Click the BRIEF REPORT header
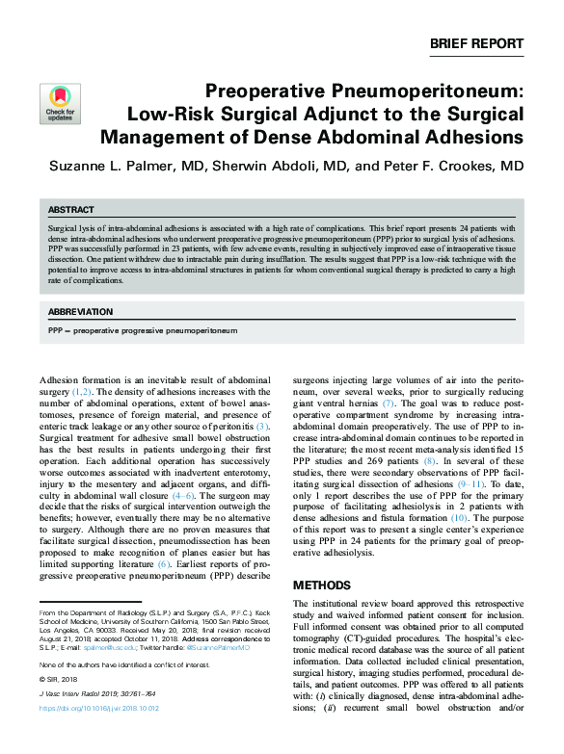pos(476,43)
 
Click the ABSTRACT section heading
pos(71,210)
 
